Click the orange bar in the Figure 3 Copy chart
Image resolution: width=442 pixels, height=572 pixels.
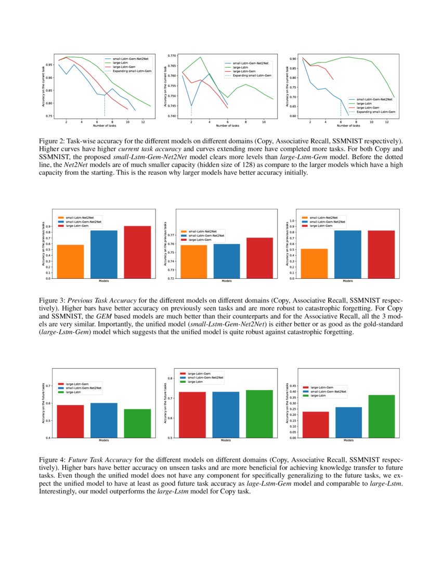tap(70, 262)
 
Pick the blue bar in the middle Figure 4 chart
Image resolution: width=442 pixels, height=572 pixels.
tap(226, 414)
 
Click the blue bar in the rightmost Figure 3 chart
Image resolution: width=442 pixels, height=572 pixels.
tap(347, 254)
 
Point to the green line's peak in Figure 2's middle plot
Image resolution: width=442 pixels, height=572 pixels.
tap(200, 57)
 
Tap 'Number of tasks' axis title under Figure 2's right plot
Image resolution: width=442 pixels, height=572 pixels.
tap(348, 125)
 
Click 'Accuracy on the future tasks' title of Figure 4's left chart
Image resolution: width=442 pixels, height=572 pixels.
tap(43, 403)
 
